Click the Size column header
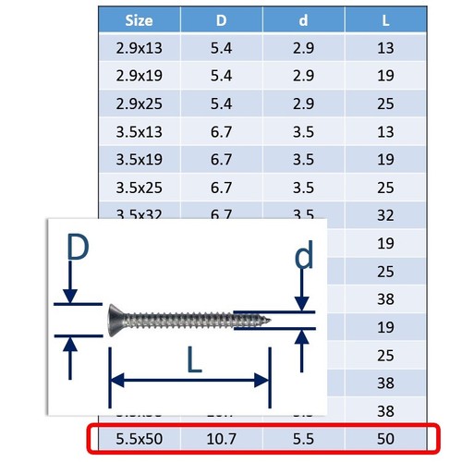pyautogui.click(x=139, y=19)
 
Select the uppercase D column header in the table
pyautogui.click(x=221, y=19)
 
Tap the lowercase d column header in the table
pyautogui.click(x=303, y=19)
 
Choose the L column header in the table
pyautogui.click(x=385, y=19)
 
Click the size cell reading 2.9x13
pyautogui.click(x=139, y=47)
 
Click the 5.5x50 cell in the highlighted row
pyautogui.click(x=139, y=439)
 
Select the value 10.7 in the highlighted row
pyautogui.click(x=221, y=439)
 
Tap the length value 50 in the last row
pyautogui.click(x=385, y=439)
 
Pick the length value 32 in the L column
pyautogui.click(x=385, y=215)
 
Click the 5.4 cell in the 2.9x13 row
pyautogui.click(x=221, y=47)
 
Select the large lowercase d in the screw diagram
pyautogui.click(x=302, y=256)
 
